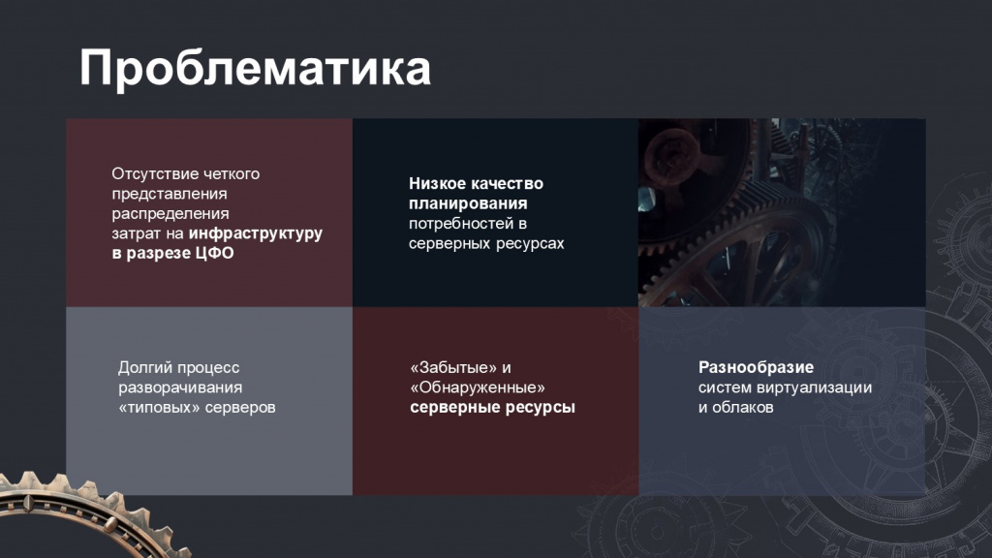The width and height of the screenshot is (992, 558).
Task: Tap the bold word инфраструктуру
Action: click(256, 233)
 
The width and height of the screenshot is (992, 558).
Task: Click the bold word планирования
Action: click(468, 203)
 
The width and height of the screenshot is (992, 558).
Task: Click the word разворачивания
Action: click(180, 387)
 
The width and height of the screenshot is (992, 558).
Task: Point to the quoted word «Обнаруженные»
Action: click(478, 387)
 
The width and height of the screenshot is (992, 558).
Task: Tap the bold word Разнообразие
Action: click(756, 367)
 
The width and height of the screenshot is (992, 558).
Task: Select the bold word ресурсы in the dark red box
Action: click(543, 408)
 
